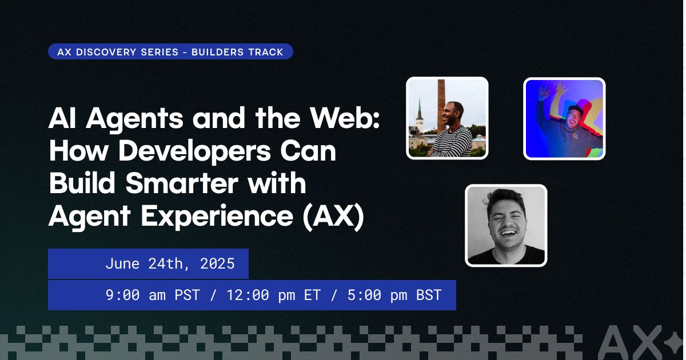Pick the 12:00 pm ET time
273,295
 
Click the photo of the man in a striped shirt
447,118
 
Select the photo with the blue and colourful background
564,118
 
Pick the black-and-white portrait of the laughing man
506,225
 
